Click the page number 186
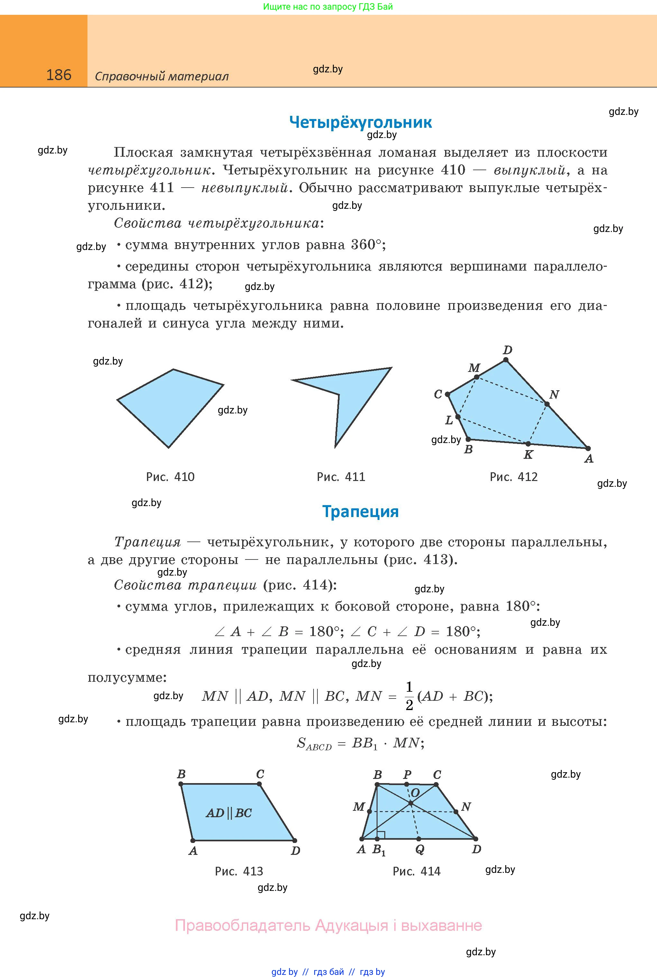click(59, 75)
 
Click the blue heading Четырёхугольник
click(360, 122)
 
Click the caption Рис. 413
click(239, 871)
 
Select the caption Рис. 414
click(416, 871)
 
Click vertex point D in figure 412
click(506, 360)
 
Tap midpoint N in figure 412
click(547, 404)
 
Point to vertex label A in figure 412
click(589, 459)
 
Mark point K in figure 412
click(528, 443)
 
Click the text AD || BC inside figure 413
click(229, 813)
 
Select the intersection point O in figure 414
click(411, 803)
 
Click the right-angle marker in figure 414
click(381, 835)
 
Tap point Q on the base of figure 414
click(419, 839)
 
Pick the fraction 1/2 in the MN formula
click(409, 696)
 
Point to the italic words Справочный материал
click(162, 76)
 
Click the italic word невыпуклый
click(245, 188)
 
